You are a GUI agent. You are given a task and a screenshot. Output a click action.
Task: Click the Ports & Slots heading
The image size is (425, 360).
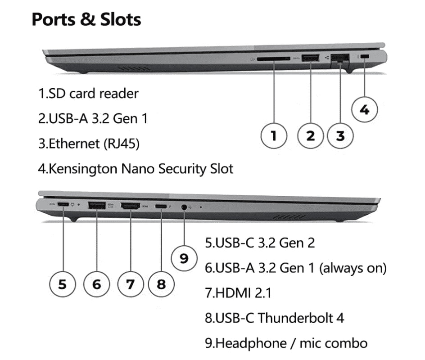(x=86, y=20)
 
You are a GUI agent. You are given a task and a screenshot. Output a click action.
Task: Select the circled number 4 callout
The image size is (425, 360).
(x=365, y=109)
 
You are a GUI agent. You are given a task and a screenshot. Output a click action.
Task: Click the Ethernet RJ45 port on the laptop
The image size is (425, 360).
(x=340, y=58)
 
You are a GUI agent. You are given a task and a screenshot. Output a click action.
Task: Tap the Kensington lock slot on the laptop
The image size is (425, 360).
(x=365, y=57)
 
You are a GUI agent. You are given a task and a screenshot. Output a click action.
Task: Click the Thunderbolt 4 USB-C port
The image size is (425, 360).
(x=161, y=206)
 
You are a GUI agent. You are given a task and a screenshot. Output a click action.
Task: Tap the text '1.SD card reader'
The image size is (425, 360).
(x=88, y=94)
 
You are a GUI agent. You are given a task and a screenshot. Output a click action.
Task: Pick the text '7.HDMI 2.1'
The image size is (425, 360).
(x=238, y=293)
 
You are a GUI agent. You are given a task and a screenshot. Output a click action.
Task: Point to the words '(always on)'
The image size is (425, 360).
(x=353, y=268)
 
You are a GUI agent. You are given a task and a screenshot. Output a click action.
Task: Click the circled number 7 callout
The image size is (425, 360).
(x=130, y=284)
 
